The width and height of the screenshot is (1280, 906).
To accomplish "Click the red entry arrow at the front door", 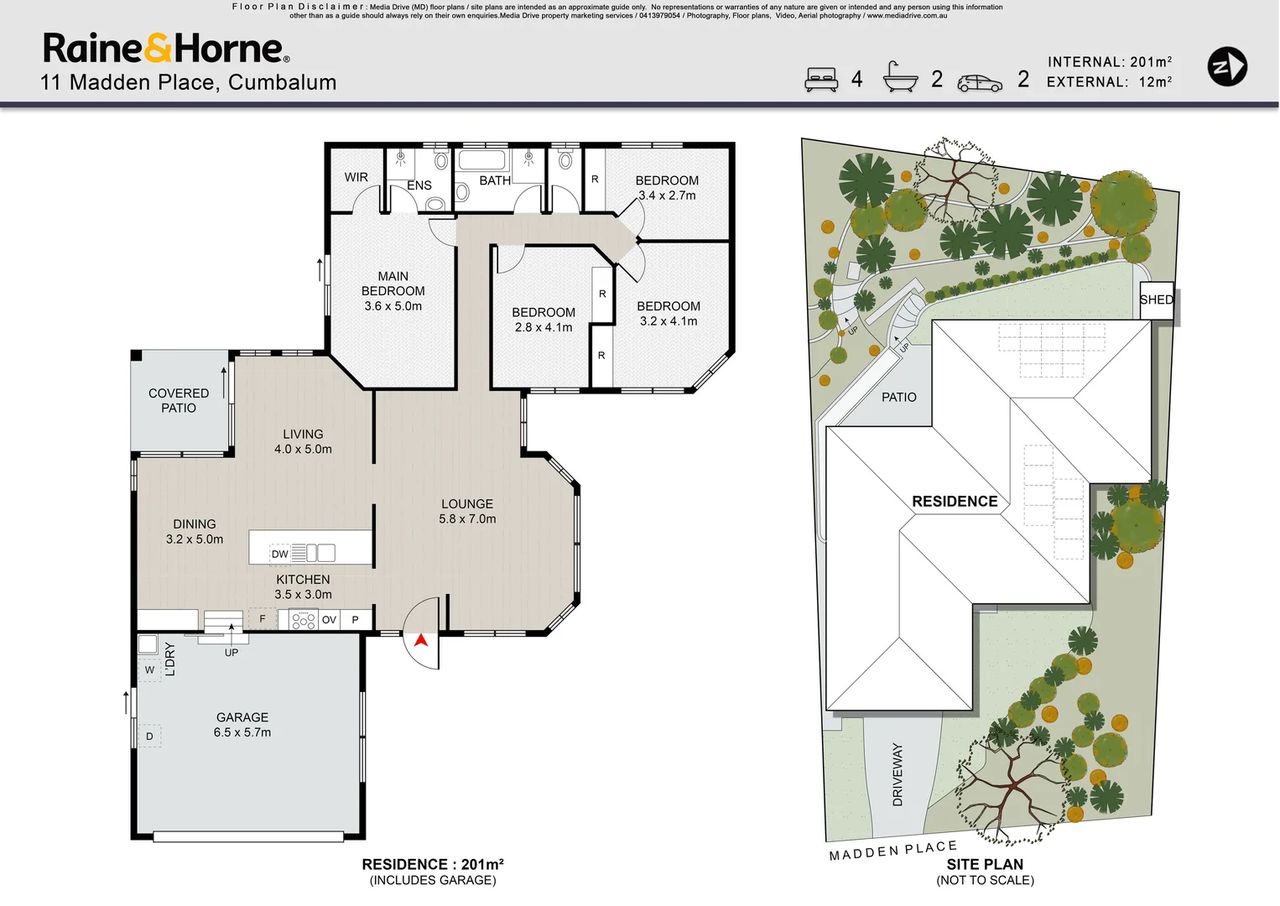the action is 421,640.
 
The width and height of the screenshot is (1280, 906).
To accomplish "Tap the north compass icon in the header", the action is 1227,66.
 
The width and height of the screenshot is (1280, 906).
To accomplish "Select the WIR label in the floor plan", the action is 356,177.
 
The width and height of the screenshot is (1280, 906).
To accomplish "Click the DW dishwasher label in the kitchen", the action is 279,554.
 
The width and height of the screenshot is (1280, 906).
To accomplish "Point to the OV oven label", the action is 329,620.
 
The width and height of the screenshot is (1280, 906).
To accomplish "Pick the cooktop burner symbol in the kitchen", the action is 304,620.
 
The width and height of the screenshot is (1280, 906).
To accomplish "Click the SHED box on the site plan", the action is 1157,300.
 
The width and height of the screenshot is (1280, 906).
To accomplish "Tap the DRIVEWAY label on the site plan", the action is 898,774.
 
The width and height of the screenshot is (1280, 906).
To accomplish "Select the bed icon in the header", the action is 821,80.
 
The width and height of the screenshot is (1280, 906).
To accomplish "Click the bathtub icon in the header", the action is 901,77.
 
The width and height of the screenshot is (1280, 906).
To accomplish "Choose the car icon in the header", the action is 980,83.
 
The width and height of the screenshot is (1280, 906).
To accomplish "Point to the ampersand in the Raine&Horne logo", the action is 158,48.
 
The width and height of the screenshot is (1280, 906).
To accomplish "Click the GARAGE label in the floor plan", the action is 242,717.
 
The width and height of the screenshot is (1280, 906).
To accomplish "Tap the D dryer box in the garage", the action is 149,737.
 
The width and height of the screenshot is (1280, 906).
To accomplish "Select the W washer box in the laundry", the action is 149,670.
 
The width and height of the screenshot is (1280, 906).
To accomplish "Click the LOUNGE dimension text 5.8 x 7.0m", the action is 467,519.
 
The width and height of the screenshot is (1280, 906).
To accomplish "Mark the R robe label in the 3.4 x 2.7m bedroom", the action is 595,179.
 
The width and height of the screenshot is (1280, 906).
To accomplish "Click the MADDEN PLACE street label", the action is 893,851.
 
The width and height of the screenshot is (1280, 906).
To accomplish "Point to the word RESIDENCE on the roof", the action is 955,502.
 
